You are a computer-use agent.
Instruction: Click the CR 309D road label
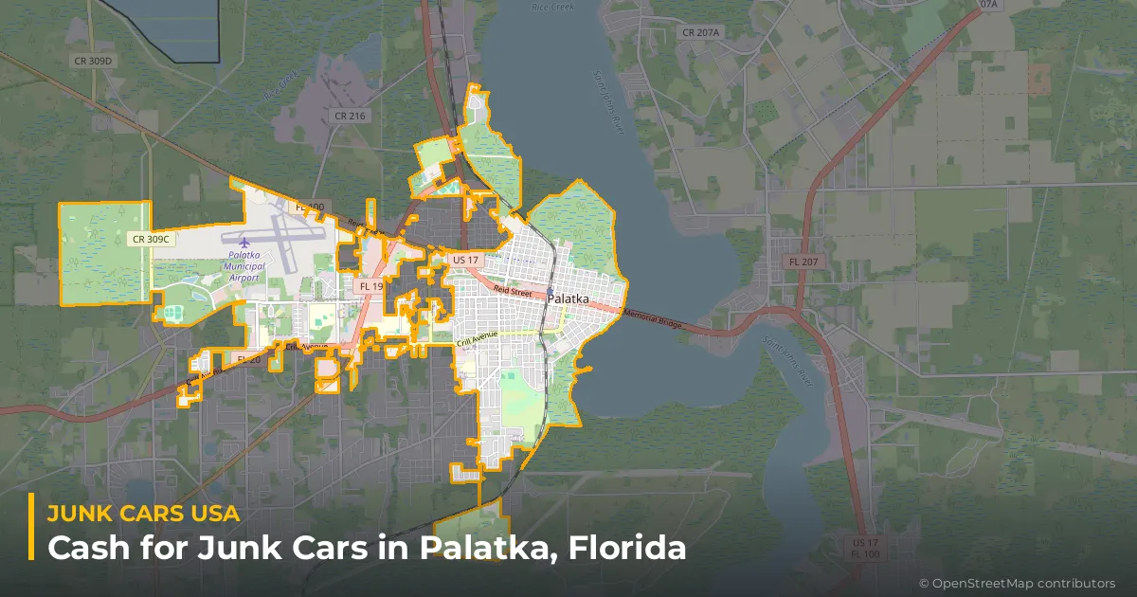[x=93, y=62]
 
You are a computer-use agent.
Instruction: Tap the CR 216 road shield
[x=350, y=116]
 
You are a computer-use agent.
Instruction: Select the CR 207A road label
[x=701, y=33]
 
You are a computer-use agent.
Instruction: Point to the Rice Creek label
[x=552, y=8]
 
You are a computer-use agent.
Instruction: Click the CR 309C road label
[x=151, y=240]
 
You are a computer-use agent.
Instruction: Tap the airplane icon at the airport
[x=244, y=244]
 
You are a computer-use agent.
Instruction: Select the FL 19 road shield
[x=370, y=286]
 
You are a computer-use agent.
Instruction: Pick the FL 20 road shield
[x=248, y=360]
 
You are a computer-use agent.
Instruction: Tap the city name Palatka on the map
[x=568, y=299]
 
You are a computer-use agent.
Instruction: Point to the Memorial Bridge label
[x=653, y=320]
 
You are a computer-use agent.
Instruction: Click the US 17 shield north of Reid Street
[x=466, y=260]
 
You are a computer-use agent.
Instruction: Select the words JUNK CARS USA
[x=143, y=513]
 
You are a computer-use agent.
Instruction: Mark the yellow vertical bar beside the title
[x=31, y=527]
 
